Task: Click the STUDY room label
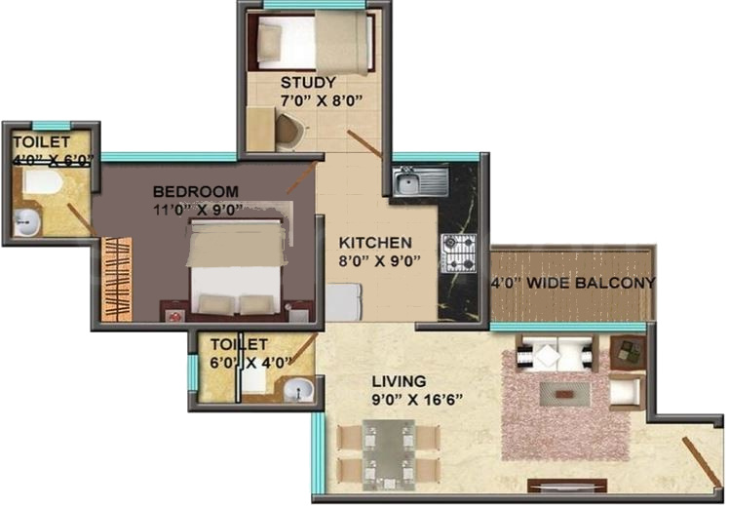pos(308,82)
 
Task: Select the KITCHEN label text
pos(375,243)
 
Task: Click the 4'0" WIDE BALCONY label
pos(572,283)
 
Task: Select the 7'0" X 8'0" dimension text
pos(308,99)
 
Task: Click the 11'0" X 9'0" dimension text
pos(196,208)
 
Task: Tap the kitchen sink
pos(419,180)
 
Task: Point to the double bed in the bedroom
pos(237,264)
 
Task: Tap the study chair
pos(289,131)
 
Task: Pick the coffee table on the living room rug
pos(564,393)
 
